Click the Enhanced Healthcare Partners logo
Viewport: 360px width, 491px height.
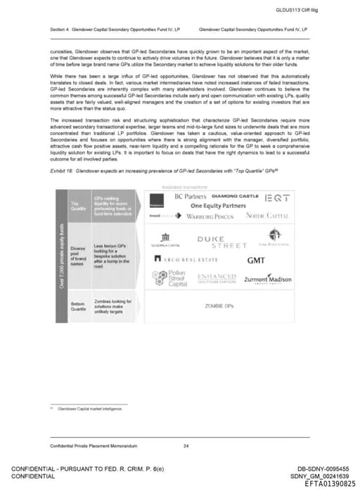pos(217,278)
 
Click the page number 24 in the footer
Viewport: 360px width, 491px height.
pos(186,446)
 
